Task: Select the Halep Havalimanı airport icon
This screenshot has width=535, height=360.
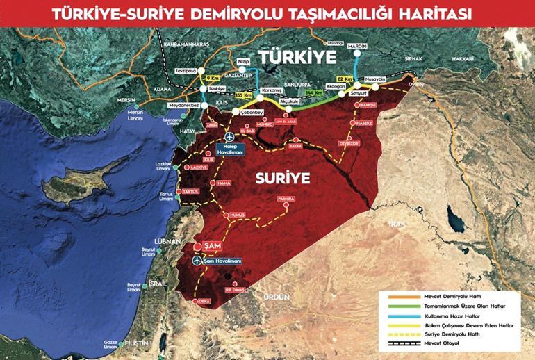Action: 231,138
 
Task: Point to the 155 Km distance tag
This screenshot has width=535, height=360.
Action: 244,95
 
